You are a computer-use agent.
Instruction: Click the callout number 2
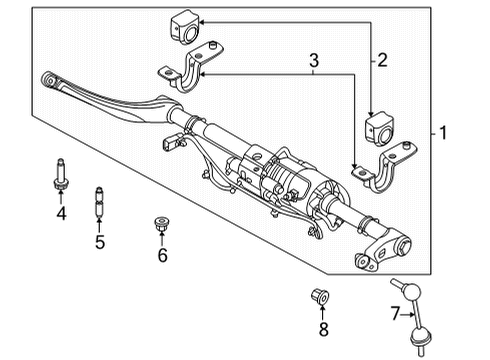[380, 61]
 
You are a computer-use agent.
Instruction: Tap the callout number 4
[61, 213]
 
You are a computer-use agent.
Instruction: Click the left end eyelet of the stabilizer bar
[49, 78]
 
